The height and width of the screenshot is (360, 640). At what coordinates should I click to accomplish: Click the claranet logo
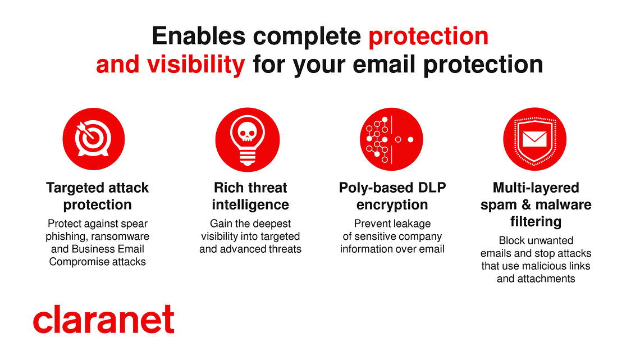pos(104,319)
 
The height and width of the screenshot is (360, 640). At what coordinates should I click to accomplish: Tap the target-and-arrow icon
pos(93,139)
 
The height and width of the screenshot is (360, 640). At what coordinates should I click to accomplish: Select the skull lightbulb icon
pos(248,140)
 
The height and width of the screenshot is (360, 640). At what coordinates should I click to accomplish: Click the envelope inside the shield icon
pos(534,139)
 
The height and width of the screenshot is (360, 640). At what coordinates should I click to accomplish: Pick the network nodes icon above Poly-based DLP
pos(391,139)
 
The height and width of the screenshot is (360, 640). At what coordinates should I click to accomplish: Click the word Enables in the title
pos(199,36)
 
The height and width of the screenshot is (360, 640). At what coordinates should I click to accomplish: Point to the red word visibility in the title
pos(196,65)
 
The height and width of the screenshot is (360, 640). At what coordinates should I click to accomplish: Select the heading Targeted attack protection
pos(98,196)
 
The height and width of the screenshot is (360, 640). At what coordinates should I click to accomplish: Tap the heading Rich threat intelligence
pos(250,196)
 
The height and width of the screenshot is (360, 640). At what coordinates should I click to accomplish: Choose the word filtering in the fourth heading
pos(536,222)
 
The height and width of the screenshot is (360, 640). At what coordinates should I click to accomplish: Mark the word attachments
pos(547,279)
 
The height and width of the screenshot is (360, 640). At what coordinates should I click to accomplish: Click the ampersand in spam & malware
pos(527,204)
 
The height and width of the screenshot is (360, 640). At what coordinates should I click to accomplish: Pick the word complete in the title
pos(307,37)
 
